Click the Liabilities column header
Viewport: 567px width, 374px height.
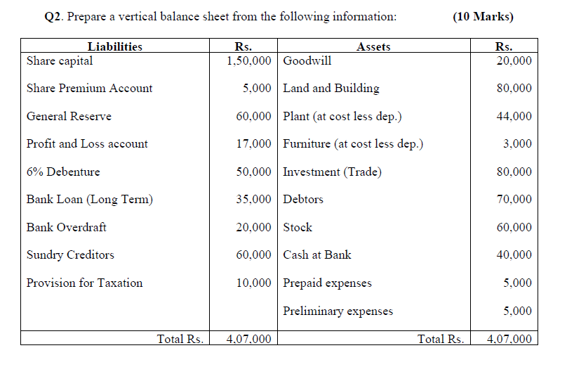[114, 47]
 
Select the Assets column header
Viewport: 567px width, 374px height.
[373, 47]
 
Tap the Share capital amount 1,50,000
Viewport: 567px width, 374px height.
[249, 60]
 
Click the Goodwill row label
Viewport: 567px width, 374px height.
[307, 60]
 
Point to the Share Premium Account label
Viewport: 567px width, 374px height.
[89, 89]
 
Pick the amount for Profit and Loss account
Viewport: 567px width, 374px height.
[254, 144]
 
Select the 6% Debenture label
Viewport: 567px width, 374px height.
[63, 172]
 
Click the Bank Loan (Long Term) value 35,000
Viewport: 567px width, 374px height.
[254, 200]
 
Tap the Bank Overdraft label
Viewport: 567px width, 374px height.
[67, 228]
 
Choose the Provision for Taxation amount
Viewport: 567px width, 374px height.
[254, 283]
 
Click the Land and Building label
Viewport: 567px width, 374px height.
[331, 89]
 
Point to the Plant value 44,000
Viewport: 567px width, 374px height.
[514, 117]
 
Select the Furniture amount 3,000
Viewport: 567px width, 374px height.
[518, 144]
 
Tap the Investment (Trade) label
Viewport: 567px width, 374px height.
[333, 172]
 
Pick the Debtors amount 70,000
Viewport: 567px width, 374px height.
[514, 200]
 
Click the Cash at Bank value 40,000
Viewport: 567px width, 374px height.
[514, 255]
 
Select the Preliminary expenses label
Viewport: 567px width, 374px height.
[338, 311]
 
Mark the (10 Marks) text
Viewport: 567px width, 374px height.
[483, 16]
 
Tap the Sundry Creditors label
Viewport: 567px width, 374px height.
[70, 255]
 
